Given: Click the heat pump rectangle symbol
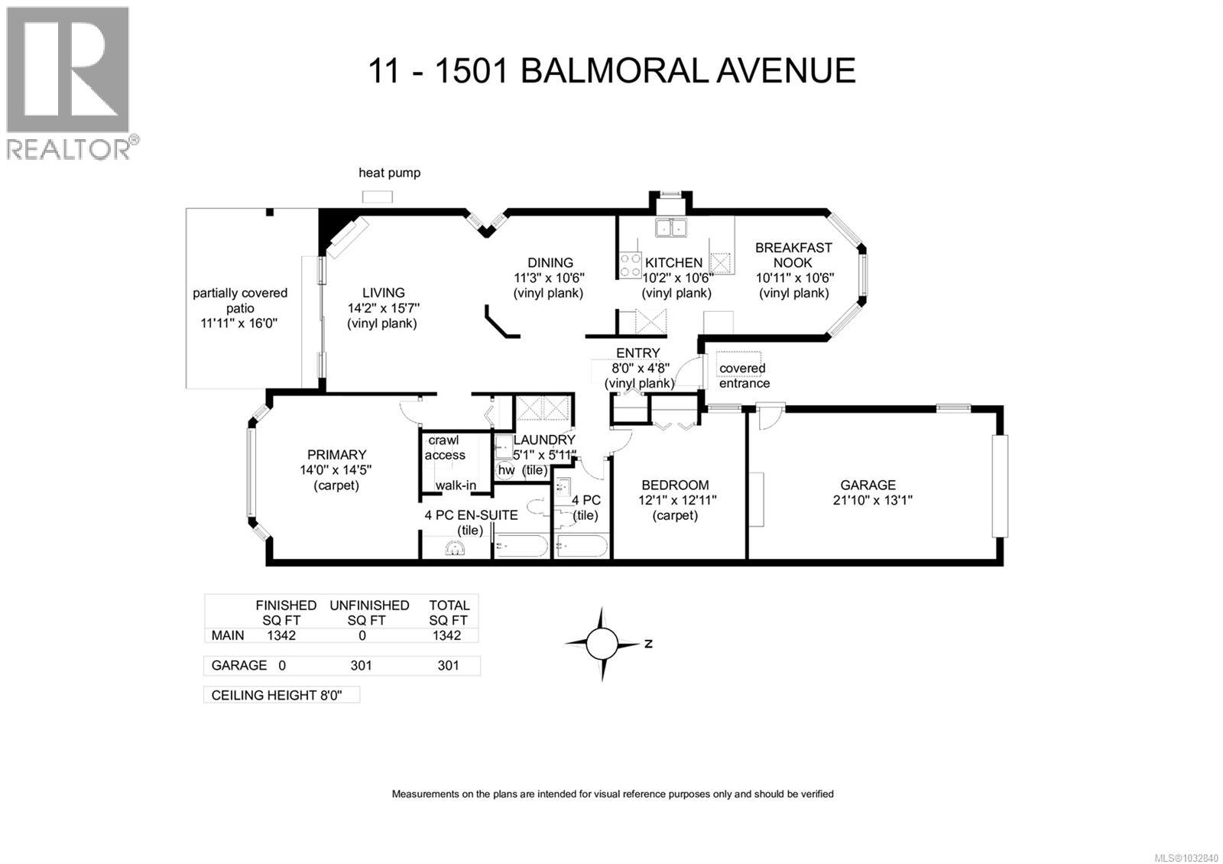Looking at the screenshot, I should point(377,197).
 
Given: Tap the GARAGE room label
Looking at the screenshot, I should point(868,485).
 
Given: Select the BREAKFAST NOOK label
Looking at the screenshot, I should point(793,255).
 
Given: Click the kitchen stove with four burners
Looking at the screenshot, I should point(631,265).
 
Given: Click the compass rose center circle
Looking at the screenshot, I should point(602,643).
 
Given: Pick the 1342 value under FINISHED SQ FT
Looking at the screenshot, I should point(281,635).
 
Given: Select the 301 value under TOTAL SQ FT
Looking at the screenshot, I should point(448,665).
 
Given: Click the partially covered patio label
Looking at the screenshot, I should point(239,300).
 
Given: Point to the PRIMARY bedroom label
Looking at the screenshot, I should point(336,455).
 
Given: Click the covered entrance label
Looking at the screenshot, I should point(744,375).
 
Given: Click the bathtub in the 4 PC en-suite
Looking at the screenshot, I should point(521,546).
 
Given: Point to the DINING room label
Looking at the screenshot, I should point(550,262).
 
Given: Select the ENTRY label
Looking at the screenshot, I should point(637,353).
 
